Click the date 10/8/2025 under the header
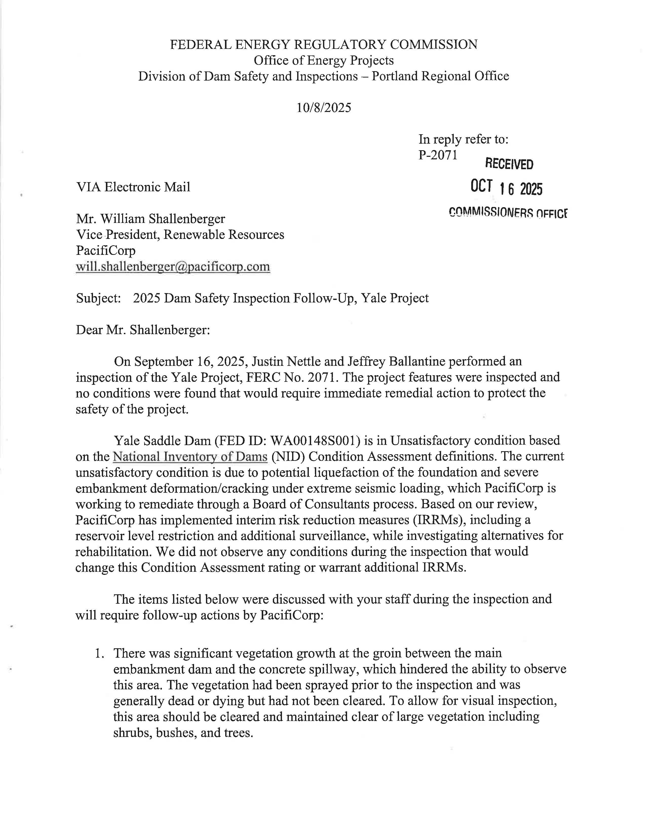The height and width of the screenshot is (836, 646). pos(324,108)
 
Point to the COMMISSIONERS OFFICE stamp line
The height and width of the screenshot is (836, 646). pos(508,213)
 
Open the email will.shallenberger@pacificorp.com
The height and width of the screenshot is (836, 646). pos(173,267)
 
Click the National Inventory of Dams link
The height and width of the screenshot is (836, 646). pos(190,457)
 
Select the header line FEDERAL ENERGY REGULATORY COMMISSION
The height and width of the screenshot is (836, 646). pos(324,45)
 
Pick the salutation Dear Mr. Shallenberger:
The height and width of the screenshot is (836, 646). pos(143,330)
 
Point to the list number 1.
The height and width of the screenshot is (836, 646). pos(99,653)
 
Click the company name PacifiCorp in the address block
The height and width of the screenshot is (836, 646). pos(106,251)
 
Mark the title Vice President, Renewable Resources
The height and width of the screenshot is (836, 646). pos(180,235)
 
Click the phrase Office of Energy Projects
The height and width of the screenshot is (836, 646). pos(324,61)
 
